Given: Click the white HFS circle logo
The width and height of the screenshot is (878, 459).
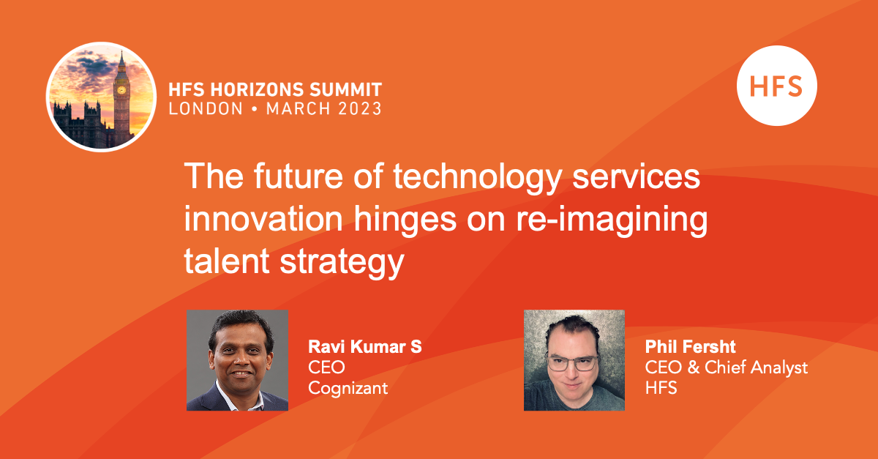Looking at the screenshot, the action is click(776, 86).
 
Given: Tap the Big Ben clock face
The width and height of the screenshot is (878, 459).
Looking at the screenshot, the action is click(121, 90).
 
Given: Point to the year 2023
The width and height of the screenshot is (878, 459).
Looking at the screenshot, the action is click(360, 108).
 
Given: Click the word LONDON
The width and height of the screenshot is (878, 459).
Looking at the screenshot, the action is click(206, 108).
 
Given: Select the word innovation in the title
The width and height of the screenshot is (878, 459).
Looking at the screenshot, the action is click(263, 219).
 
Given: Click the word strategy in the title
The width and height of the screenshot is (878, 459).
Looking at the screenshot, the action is click(342, 263).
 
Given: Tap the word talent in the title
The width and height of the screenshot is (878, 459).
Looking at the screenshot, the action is click(227, 261).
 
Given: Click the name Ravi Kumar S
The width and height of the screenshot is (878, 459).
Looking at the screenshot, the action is click(365, 346).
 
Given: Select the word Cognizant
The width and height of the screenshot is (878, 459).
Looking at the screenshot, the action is click(348, 389).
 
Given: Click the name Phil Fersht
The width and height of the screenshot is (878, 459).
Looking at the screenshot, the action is click(690, 346).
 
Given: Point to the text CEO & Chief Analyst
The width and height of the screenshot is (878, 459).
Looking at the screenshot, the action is click(727, 367).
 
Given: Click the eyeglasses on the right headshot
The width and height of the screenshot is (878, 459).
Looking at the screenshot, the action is click(573, 363).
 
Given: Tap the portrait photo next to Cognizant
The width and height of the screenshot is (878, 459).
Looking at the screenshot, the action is click(237, 360).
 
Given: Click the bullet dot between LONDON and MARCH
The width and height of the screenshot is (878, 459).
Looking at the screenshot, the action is click(255, 109).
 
